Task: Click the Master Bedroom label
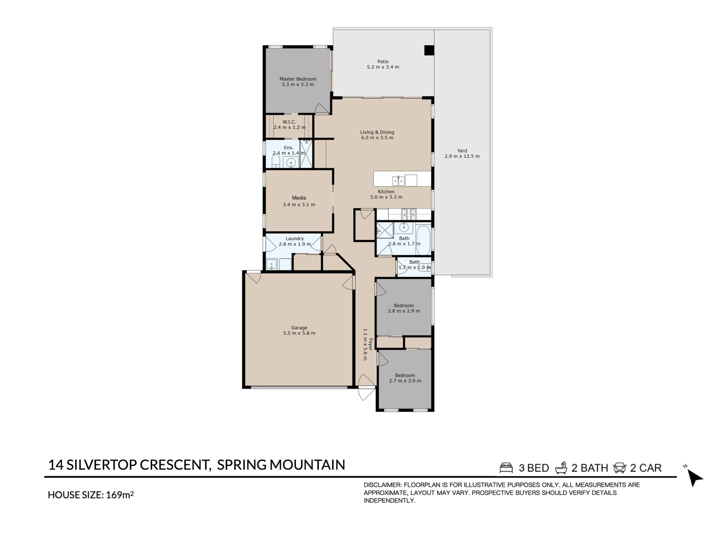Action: pos(297,79)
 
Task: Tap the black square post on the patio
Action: pos(429,50)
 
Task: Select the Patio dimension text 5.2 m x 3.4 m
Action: pos(383,67)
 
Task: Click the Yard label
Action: pos(462,151)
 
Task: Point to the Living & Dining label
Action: pos(377,132)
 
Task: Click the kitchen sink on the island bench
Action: pos(399,180)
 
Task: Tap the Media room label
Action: pos(299,198)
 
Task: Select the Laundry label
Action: pos(294,239)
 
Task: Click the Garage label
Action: pos(299,328)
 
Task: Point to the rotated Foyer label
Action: pos(371,344)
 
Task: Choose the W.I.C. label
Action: pos(289,122)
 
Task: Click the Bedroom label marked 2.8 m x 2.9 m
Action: pos(404,306)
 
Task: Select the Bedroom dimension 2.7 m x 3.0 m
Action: pos(405,381)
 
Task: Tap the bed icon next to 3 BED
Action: pos(506,468)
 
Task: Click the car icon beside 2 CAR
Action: pos(619,468)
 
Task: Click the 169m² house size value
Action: pos(120,495)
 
